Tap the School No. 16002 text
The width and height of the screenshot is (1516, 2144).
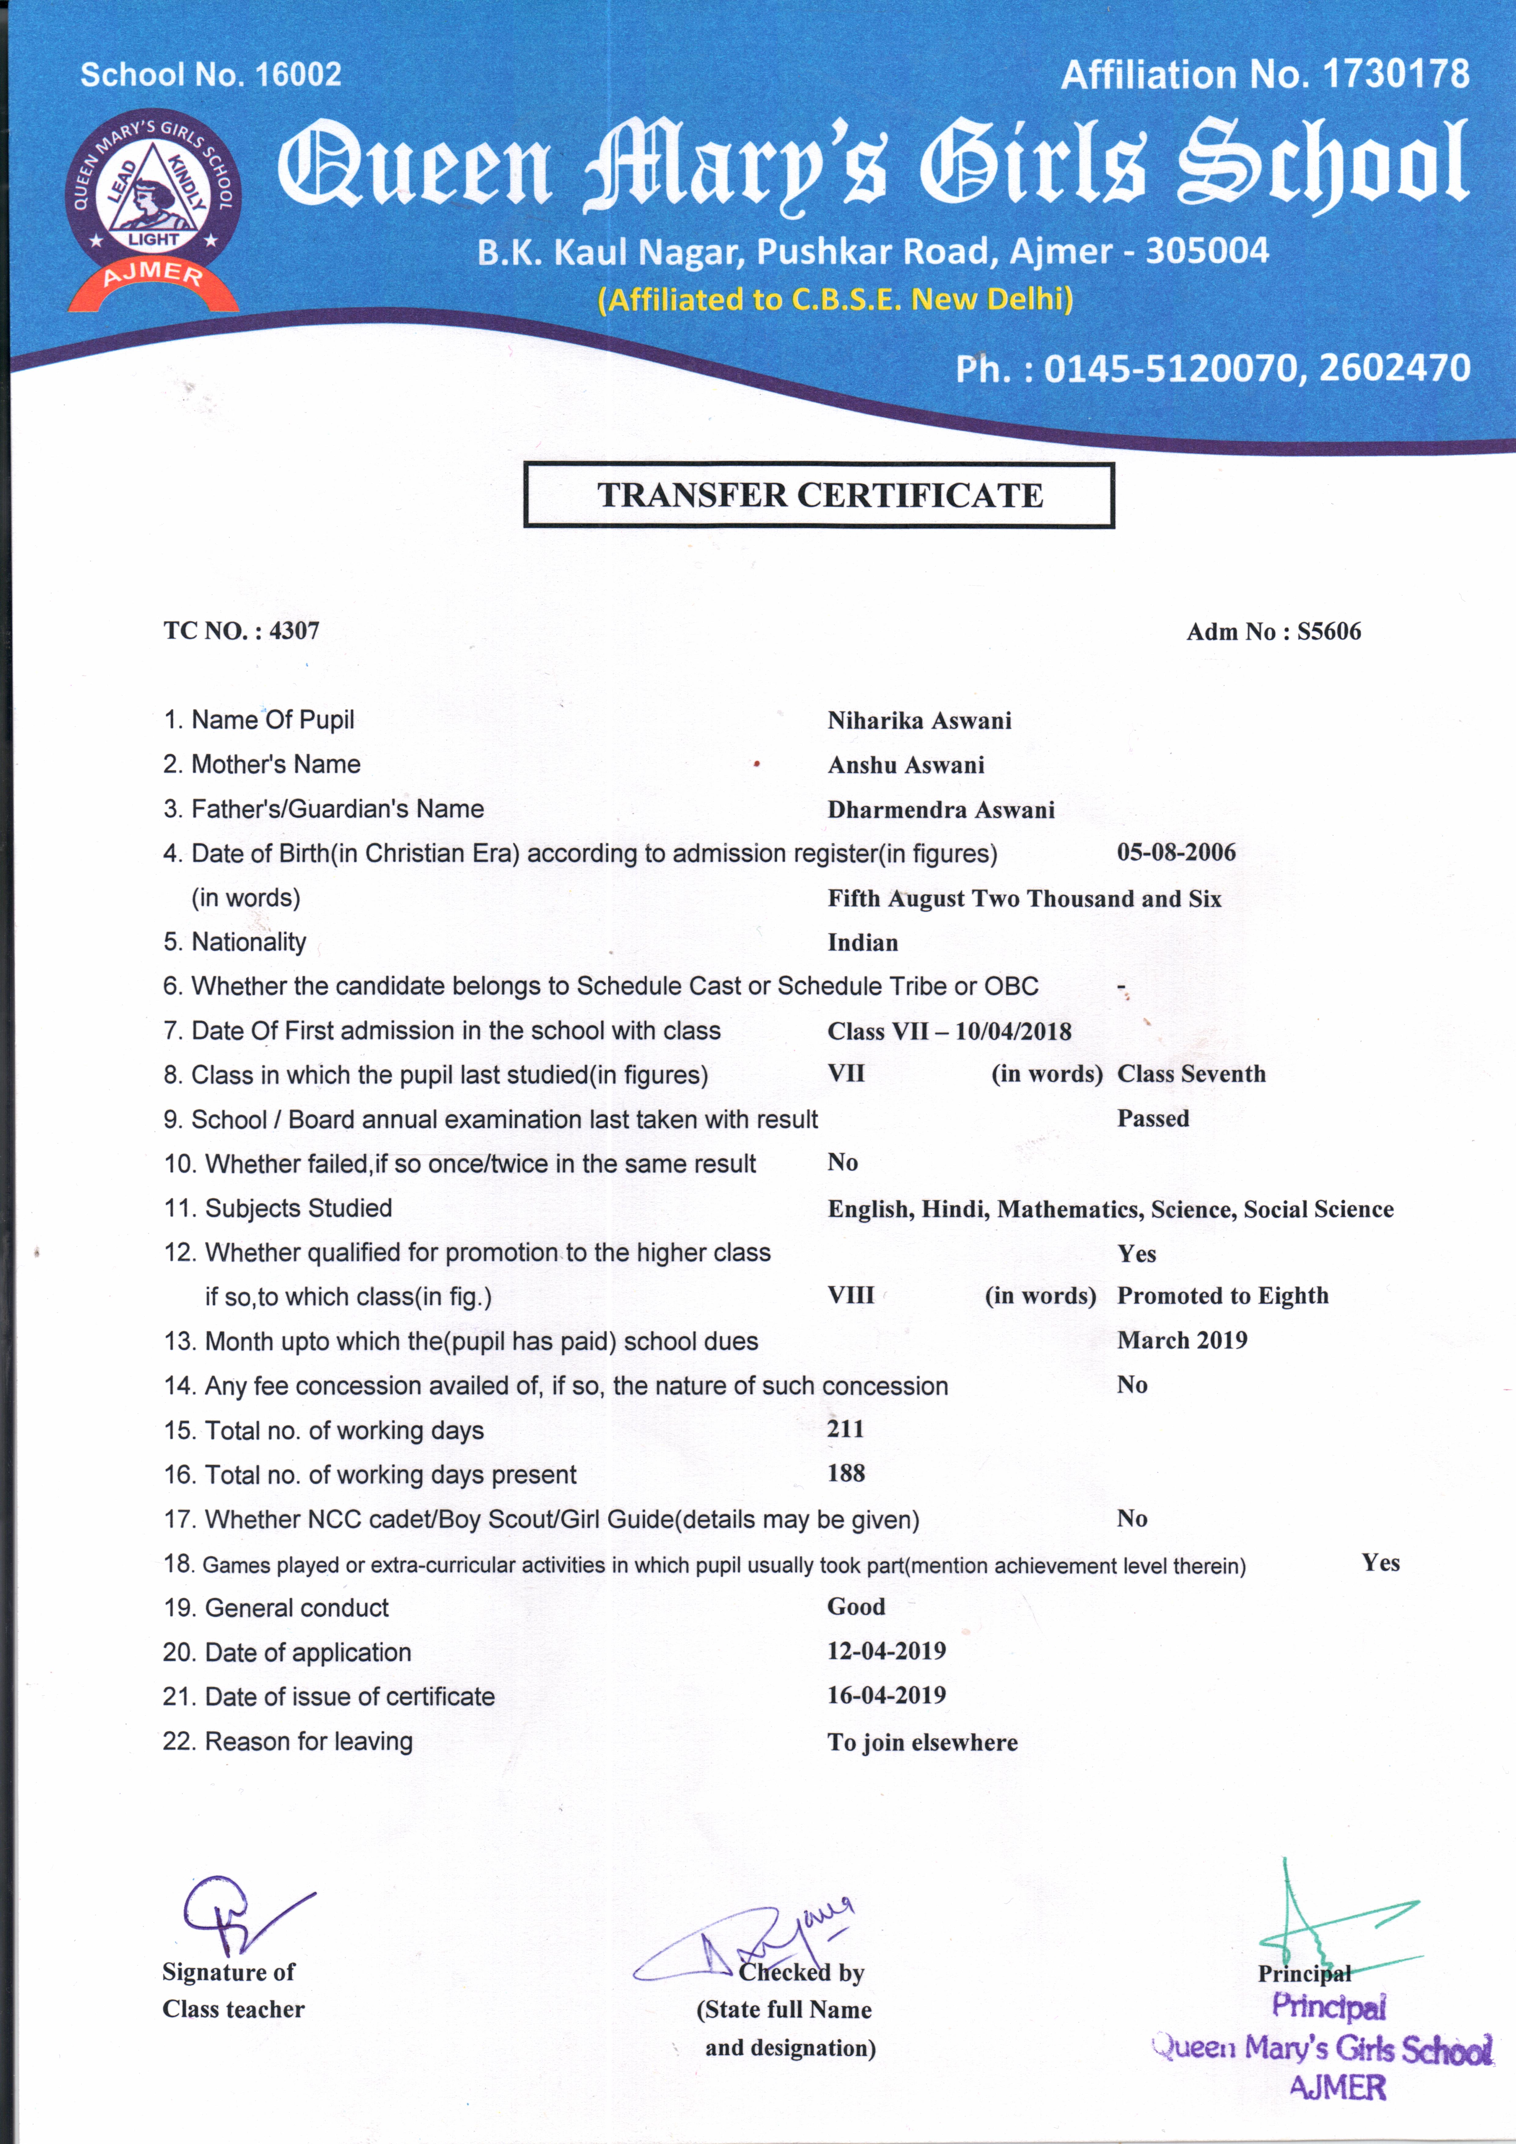pyautogui.click(x=211, y=75)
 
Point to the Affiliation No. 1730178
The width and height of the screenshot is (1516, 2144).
pyautogui.click(x=1265, y=75)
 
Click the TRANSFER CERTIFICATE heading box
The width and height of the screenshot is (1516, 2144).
pyautogui.click(x=819, y=495)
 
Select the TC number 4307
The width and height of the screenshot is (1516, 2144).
pyautogui.click(x=294, y=631)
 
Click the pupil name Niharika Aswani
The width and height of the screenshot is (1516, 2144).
pyautogui.click(x=919, y=721)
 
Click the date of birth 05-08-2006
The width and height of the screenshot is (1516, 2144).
pyautogui.click(x=1176, y=853)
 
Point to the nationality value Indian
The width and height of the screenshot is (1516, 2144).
pyautogui.click(x=862, y=943)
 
